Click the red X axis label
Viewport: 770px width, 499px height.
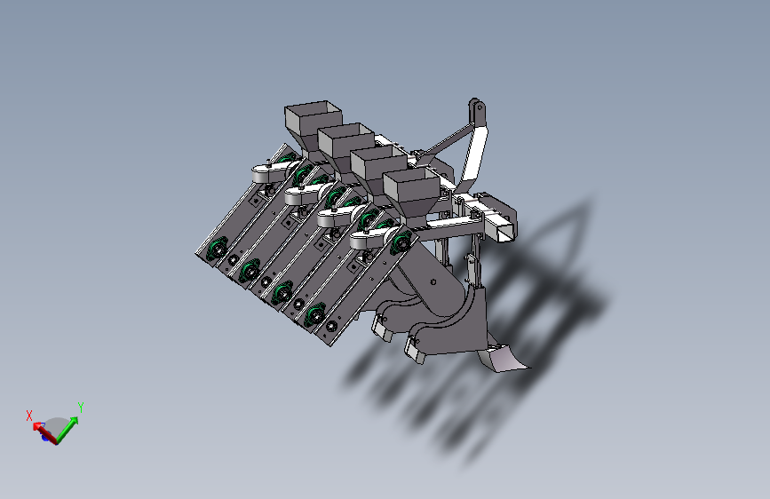[x=29, y=416]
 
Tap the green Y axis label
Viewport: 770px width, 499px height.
[x=81, y=408]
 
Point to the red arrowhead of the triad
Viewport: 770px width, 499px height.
[x=36, y=426]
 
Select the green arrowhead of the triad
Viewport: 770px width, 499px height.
[x=73, y=421]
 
